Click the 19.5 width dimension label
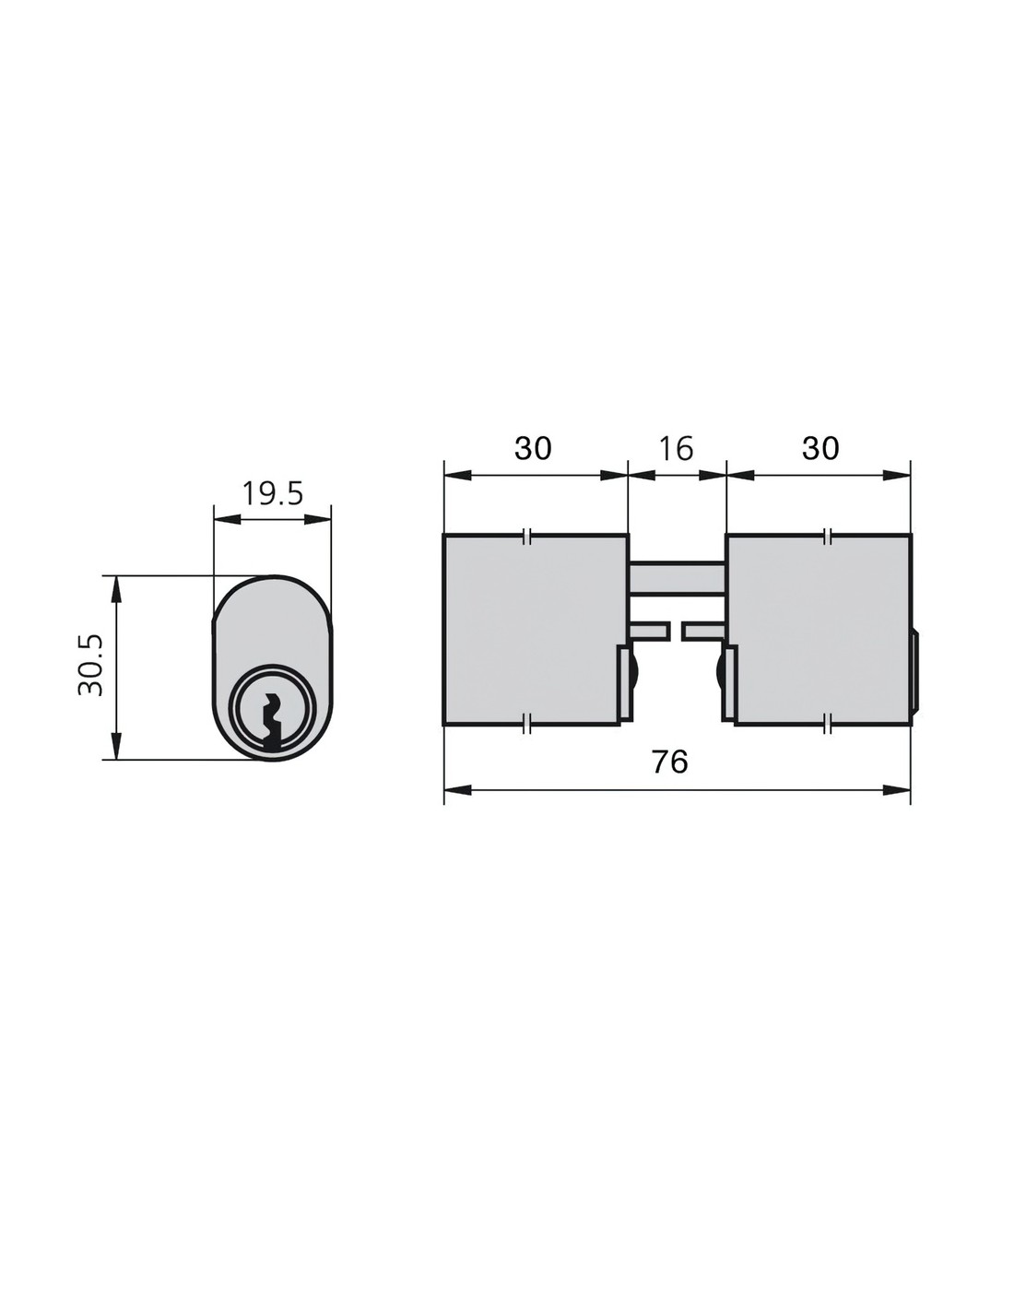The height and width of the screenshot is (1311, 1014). (x=272, y=494)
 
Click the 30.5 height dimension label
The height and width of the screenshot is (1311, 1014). (x=91, y=665)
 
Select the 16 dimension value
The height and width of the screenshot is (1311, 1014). (x=677, y=448)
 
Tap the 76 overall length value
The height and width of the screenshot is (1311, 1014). (x=669, y=762)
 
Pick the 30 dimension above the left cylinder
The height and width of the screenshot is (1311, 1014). (x=533, y=448)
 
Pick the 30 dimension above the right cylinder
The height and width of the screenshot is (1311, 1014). (x=820, y=448)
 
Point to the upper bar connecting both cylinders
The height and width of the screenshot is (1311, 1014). (x=678, y=578)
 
